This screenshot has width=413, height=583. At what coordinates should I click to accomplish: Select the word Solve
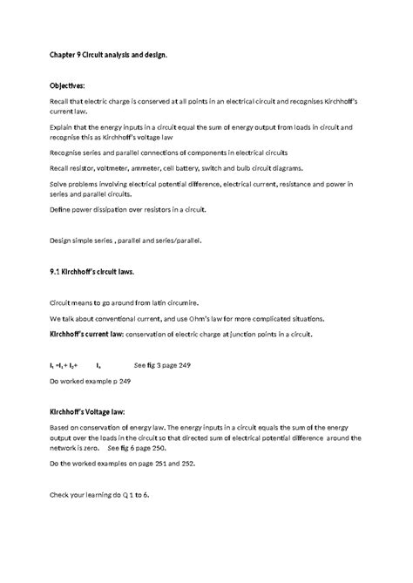(x=60, y=185)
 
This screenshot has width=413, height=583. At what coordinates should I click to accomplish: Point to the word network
(x=69, y=446)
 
